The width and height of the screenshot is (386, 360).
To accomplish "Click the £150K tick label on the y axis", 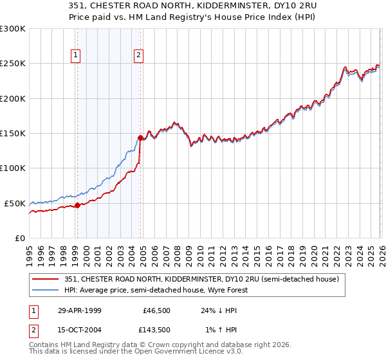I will pyautogui.click(x=13, y=134).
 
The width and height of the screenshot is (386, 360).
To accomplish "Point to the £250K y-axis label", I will pyautogui.click(x=13, y=64).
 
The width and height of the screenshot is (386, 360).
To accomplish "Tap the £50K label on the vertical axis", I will pyautogui.click(x=15, y=203).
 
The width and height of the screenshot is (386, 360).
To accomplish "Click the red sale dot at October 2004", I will pyautogui.click(x=140, y=138).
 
